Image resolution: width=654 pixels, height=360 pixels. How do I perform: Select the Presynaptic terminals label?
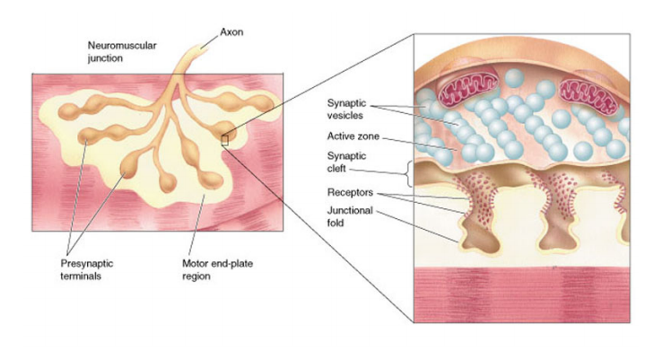click(x=86, y=269)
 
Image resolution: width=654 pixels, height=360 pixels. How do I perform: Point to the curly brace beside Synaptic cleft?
click(x=408, y=172)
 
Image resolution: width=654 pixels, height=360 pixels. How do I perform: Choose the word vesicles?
click(x=347, y=117)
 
